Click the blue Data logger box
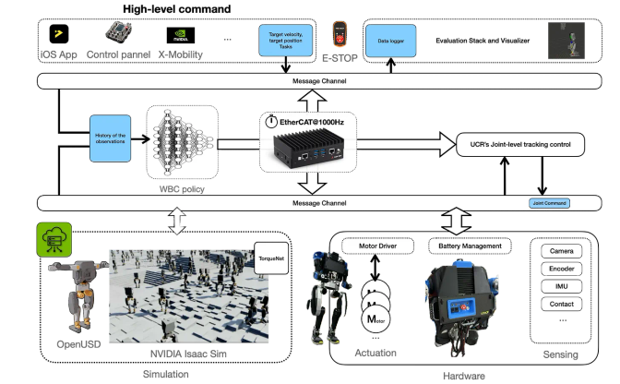pos(391,42)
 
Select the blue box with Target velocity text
pos(288,40)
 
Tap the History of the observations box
pos(111,139)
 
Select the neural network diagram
pos(182,140)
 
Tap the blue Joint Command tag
pos(549,203)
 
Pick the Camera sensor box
pos(562,251)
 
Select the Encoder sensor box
pos(562,269)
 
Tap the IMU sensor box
pos(562,286)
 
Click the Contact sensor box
pos(562,304)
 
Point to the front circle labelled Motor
pos(376,318)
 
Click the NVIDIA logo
pos(183,37)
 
